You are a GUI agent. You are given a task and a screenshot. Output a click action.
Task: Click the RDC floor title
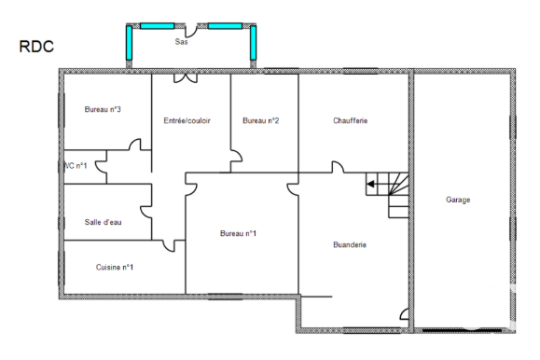(x=36, y=47)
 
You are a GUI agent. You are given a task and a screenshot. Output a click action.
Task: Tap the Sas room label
(x=181, y=42)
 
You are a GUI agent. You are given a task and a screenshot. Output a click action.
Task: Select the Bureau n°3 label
(x=103, y=109)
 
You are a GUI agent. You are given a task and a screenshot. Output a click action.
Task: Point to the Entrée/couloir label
(x=187, y=120)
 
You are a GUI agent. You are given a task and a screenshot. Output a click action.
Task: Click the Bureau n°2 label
(x=261, y=120)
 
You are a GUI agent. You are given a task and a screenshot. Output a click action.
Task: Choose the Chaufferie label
(x=351, y=120)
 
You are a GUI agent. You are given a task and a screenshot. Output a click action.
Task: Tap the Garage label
(x=458, y=200)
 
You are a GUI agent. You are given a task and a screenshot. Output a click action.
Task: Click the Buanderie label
(x=350, y=244)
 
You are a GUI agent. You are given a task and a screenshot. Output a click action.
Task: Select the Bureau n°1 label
(x=238, y=233)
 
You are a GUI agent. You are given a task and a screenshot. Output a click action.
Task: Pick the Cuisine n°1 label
(x=115, y=268)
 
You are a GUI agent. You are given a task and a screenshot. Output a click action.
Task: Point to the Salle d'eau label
(x=103, y=222)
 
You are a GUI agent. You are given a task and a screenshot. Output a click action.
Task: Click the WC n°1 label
(x=76, y=166)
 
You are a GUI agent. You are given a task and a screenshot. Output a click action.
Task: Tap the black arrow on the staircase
(x=370, y=184)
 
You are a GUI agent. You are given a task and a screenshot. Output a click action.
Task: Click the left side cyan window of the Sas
(x=129, y=43)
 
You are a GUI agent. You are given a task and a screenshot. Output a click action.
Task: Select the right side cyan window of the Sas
(x=253, y=43)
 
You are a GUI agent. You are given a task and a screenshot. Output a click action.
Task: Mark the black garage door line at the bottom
(x=462, y=330)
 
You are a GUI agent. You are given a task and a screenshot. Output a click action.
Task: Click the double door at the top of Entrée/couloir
(x=186, y=78)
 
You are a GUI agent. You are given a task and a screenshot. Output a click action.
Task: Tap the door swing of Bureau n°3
(x=135, y=145)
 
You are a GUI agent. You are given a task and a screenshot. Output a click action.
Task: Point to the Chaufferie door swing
(x=338, y=167)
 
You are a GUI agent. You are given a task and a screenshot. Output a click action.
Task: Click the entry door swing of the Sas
(x=191, y=31)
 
